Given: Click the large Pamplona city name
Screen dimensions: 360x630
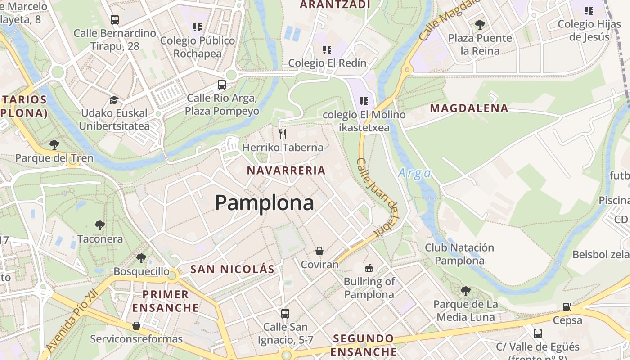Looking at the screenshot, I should point(264,203).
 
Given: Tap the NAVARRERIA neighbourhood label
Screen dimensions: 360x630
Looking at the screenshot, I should point(286,171).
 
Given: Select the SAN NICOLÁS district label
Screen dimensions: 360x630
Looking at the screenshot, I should point(232,270).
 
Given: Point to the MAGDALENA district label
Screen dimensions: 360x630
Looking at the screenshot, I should point(469,108).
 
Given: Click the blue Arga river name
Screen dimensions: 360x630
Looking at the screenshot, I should point(414,173).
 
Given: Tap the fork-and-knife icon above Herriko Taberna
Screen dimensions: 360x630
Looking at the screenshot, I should point(283,134).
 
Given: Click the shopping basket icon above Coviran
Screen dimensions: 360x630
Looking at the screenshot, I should point(319,251).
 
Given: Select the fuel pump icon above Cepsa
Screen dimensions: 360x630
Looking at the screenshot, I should point(567,307).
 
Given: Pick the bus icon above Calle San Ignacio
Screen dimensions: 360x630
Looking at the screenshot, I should point(285,313).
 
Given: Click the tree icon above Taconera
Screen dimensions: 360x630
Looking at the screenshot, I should point(100,225).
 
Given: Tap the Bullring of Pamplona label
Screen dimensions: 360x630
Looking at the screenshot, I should point(369,288).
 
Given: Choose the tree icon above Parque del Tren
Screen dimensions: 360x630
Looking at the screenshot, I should point(54,144).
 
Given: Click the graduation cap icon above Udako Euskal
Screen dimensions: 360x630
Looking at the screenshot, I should point(114,99).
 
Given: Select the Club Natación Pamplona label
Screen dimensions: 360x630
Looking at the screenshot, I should point(459,254).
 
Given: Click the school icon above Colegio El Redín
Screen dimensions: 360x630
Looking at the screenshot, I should point(327,49).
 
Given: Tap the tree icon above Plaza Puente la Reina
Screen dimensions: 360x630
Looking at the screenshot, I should point(480,24).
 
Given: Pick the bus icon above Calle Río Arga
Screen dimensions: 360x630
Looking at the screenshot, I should point(222,84).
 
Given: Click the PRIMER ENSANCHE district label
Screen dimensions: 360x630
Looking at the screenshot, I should point(166,301).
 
